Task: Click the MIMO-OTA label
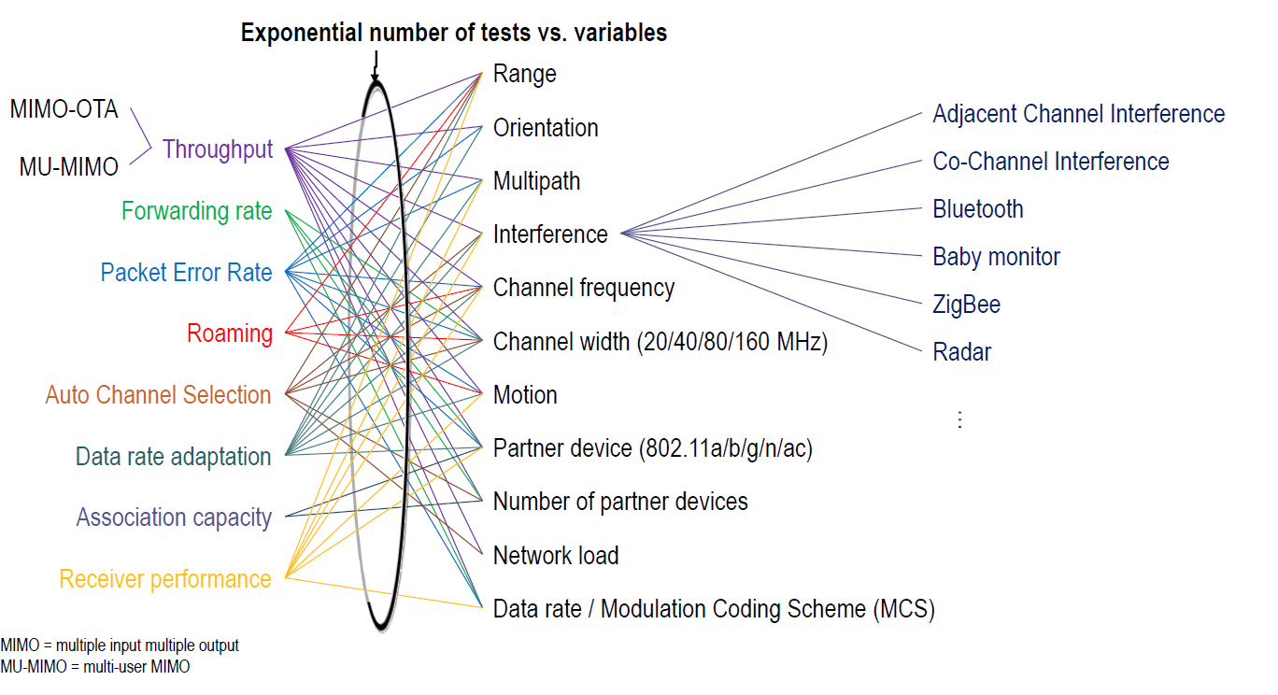(64, 109)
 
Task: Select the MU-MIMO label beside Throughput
(69, 167)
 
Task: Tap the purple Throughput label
(218, 149)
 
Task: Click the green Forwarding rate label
(196, 212)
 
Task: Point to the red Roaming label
(230, 333)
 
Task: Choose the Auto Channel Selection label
(158, 395)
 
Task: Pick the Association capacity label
(174, 518)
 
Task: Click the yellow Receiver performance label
(165, 579)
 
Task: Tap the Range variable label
(525, 74)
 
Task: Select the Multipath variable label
(537, 181)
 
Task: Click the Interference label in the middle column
(550, 234)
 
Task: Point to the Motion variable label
(525, 395)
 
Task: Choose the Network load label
(556, 556)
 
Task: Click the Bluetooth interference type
(978, 209)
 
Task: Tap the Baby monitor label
(997, 257)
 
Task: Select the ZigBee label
(967, 305)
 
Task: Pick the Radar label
(962, 352)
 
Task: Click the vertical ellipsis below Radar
(958, 419)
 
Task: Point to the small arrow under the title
(375, 65)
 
